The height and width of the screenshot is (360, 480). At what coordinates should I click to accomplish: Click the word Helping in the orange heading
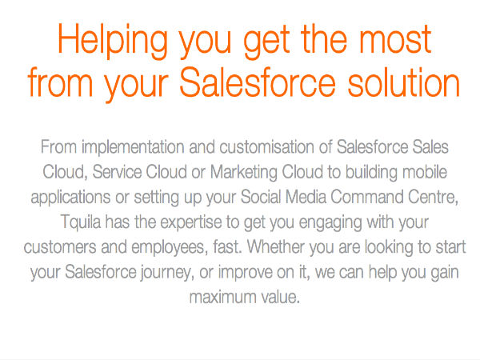coord(113,41)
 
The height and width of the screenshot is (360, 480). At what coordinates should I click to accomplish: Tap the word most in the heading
coord(395,40)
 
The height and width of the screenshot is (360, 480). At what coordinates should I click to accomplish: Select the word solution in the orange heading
coord(404,82)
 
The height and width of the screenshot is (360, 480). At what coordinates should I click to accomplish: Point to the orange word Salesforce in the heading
coord(258,82)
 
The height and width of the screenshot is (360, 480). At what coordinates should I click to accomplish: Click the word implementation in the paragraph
coord(133,148)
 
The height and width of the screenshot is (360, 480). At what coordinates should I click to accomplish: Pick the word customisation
coord(266,147)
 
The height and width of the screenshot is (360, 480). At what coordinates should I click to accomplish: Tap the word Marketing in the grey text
coord(244,173)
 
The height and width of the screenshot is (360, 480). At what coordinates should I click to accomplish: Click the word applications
coord(70,198)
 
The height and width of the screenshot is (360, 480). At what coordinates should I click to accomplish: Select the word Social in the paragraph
coord(261,197)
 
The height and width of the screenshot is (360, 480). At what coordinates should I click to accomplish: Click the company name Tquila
coord(81,222)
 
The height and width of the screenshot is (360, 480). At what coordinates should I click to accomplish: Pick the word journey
coord(166,273)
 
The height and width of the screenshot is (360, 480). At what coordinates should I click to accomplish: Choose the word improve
coord(246,273)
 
